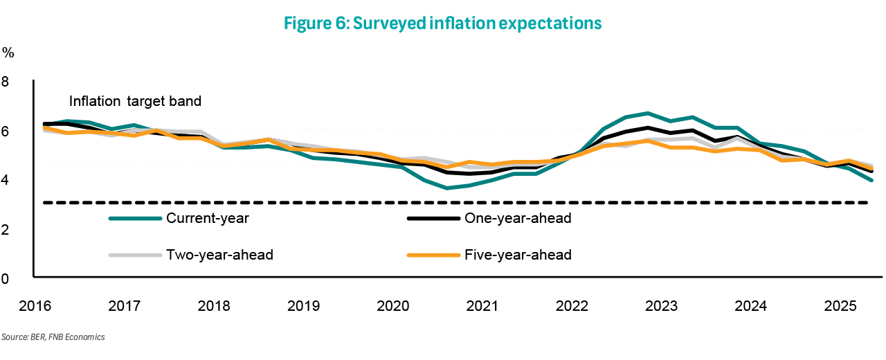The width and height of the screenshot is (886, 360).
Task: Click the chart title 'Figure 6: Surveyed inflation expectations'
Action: coord(442,23)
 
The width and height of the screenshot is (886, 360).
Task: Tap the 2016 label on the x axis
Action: coord(35,306)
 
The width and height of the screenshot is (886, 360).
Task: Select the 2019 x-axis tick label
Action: coord(303,306)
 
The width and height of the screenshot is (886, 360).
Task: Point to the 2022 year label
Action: coord(572,306)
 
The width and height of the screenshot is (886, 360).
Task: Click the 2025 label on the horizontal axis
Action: coord(840,306)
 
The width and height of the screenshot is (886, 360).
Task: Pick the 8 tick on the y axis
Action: coord(5,82)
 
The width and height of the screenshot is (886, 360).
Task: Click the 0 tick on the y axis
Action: coord(5,279)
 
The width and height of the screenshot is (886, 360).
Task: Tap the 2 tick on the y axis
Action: coord(5,230)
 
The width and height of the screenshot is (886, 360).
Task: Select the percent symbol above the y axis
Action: coord(8,53)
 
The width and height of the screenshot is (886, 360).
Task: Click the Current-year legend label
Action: coord(208,218)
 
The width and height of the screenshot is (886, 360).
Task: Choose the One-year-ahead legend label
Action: coord(518,218)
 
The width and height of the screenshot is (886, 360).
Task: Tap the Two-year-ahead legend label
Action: coord(219,254)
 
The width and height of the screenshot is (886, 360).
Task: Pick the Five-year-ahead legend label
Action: coord(518,254)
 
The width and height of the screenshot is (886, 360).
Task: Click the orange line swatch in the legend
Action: coord(433,255)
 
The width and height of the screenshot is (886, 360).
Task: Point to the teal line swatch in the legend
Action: coord(135,219)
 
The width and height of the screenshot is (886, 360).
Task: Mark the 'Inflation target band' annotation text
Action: coord(135,101)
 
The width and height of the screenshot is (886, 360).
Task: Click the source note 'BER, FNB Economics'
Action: coord(68,336)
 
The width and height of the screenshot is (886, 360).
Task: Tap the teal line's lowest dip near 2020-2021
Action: coord(447,188)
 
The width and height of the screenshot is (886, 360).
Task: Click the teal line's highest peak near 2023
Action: coord(648,113)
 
